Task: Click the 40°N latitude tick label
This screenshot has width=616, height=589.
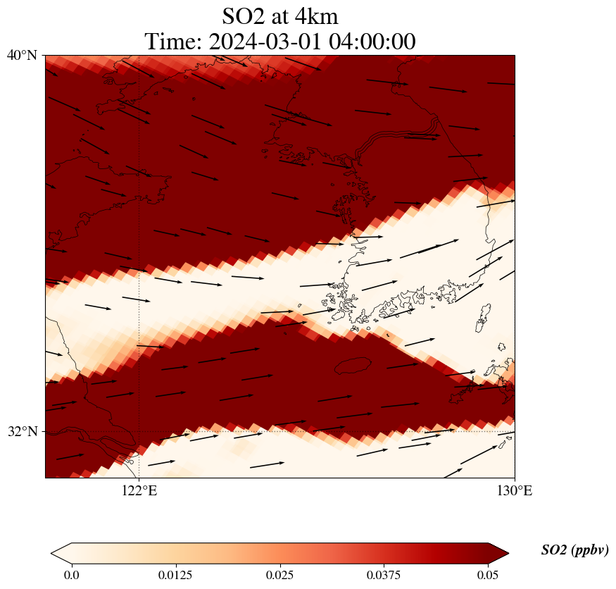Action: (x=22, y=55)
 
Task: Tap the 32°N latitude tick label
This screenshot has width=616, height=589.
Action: (x=22, y=431)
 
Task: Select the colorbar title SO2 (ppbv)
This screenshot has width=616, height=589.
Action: (x=574, y=550)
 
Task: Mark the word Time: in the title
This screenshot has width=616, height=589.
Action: (x=174, y=42)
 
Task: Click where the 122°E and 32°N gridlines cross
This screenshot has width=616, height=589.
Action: (x=139, y=431)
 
